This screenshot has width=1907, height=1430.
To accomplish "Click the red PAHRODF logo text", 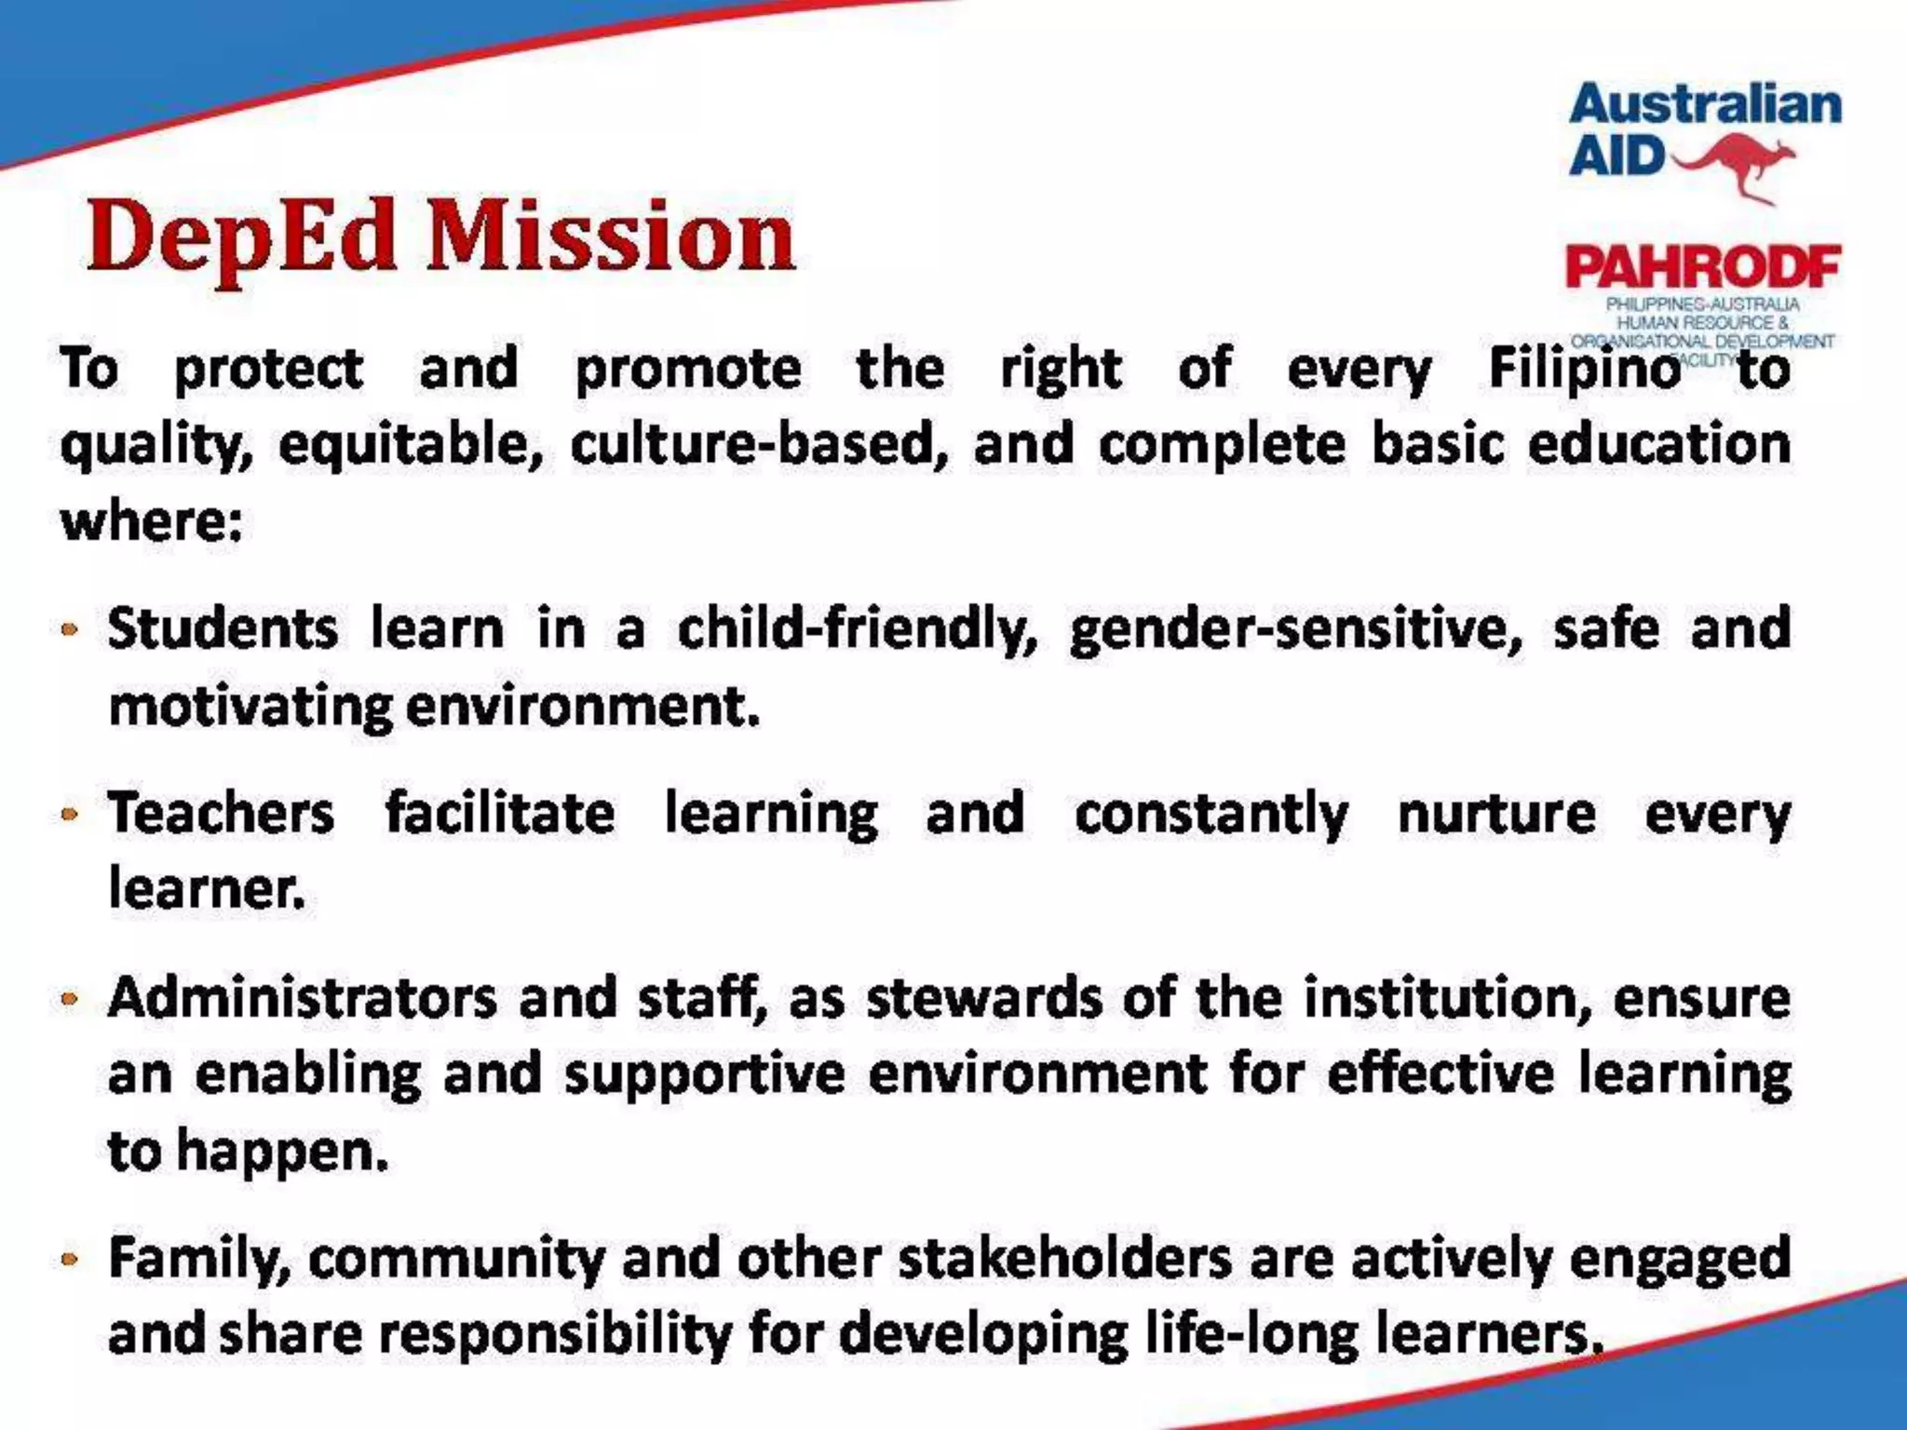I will (x=1703, y=268).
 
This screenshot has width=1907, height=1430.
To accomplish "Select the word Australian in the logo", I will (x=1705, y=105).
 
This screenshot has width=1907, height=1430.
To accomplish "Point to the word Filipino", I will (x=1584, y=370).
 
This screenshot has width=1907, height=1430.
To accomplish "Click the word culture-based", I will (x=759, y=445).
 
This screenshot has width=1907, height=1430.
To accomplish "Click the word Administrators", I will (x=303, y=999).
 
